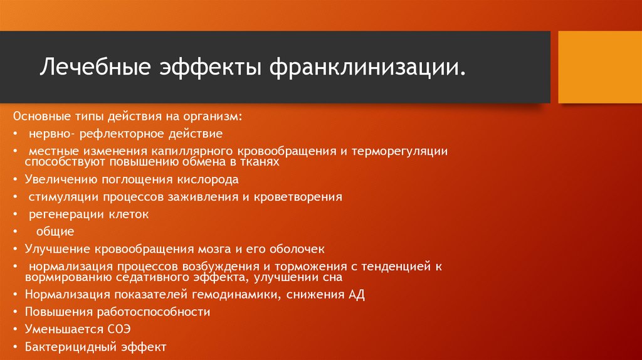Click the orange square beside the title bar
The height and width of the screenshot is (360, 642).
pyautogui.click(x=596, y=67)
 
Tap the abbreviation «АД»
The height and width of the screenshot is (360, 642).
pyautogui.click(x=356, y=294)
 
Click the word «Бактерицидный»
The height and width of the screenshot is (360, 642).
pyautogui.click(x=65, y=346)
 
